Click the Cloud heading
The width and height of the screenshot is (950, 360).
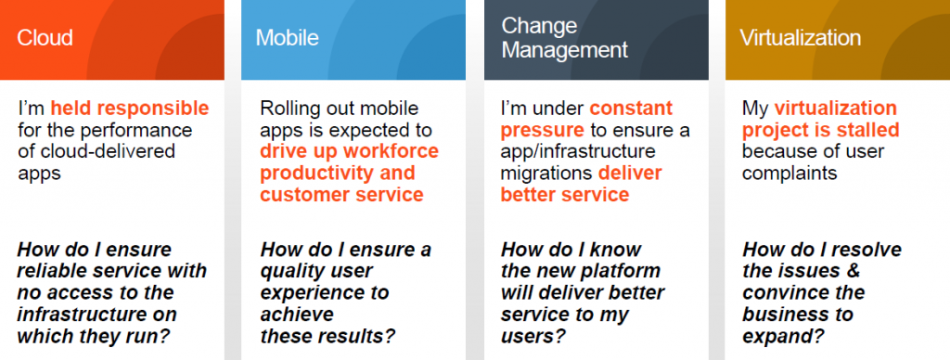point(46,38)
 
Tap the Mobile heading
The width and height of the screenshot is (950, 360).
point(287,38)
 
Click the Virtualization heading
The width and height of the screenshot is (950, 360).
point(800,38)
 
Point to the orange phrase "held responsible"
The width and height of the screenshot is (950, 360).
point(130,109)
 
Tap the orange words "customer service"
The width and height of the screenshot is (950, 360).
point(341,195)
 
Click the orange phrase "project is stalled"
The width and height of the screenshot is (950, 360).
point(820,130)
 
